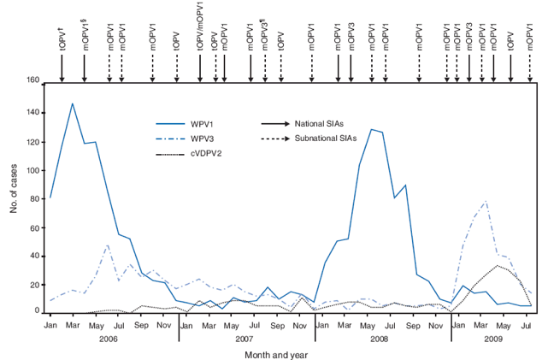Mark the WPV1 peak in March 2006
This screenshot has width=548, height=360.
point(72,103)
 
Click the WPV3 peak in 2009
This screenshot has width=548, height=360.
point(486,202)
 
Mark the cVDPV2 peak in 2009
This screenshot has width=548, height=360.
point(498,265)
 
